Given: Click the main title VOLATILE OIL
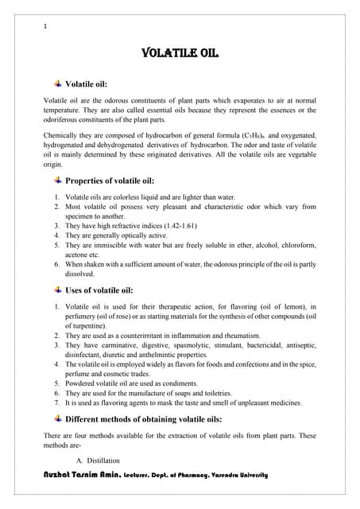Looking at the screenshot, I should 180,54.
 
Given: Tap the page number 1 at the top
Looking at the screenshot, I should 46,25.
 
